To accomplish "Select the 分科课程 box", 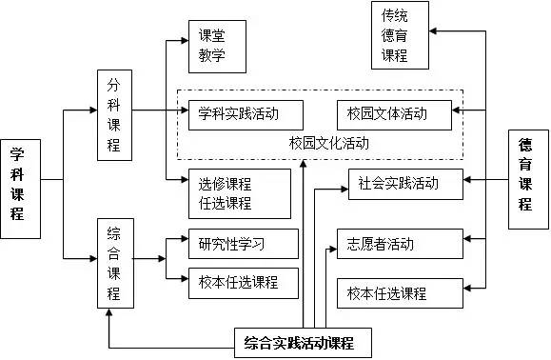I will (x=114, y=114).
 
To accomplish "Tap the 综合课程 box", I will (x=114, y=264).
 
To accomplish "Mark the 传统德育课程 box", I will (x=401, y=35).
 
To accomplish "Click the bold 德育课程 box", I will (x=528, y=182).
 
